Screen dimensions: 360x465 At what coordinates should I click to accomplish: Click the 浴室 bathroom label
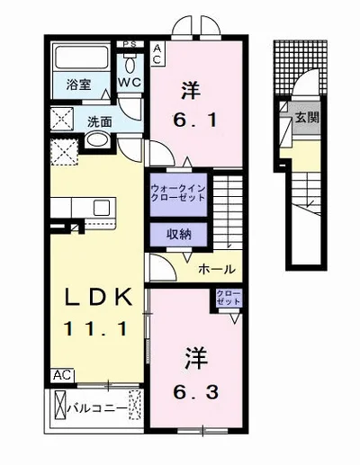(x=78, y=85)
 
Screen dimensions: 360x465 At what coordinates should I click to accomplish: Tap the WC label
(x=130, y=82)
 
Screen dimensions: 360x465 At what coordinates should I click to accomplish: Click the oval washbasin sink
(x=97, y=140)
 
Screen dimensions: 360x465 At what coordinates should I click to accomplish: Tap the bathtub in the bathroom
(x=81, y=58)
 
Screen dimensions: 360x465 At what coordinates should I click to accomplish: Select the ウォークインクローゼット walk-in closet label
(x=178, y=193)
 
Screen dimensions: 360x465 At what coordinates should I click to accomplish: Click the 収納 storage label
(x=179, y=235)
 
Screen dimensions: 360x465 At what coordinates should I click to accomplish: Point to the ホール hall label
(x=217, y=269)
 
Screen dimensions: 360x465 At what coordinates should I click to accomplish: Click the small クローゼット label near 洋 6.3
(x=229, y=298)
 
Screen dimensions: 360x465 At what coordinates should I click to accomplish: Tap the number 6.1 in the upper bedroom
(x=194, y=121)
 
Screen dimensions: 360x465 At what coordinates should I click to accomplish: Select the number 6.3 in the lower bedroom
(x=195, y=392)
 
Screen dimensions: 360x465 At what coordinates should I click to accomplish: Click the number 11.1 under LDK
(x=96, y=328)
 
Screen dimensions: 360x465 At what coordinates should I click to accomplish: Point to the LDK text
(x=99, y=297)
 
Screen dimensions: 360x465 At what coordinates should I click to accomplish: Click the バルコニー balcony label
(x=97, y=408)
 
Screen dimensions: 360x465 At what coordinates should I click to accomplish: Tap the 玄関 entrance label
(x=307, y=118)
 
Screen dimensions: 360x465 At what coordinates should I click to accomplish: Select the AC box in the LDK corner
(x=63, y=375)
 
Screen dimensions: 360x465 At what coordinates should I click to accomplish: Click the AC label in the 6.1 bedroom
(x=157, y=54)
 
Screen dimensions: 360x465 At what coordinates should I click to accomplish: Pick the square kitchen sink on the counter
(x=102, y=207)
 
